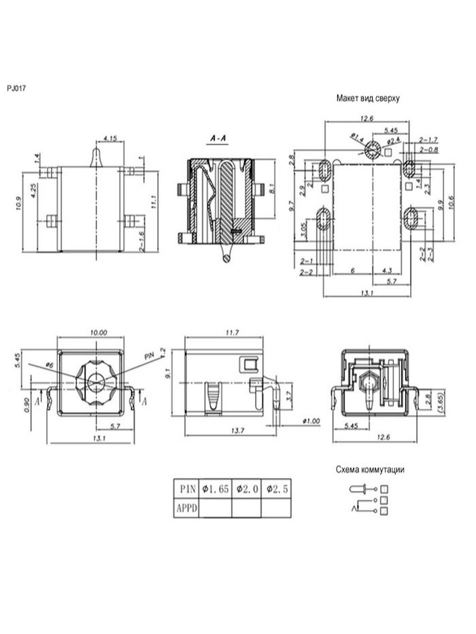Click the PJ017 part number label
[x=16, y=88]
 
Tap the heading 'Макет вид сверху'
[x=367, y=98]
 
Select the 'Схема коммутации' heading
[x=370, y=470]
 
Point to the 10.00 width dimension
[x=99, y=332]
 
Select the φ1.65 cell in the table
[x=215, y=489]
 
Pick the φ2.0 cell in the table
[x=247, y=489]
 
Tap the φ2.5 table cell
[x=277, y=489]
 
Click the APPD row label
[x=187, y=507]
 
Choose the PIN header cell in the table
[x=187, y=489]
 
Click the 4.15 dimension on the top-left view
[x=110, y=139]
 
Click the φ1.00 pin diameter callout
[x=310, y=421]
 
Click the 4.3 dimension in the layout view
[x=386, y=270]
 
